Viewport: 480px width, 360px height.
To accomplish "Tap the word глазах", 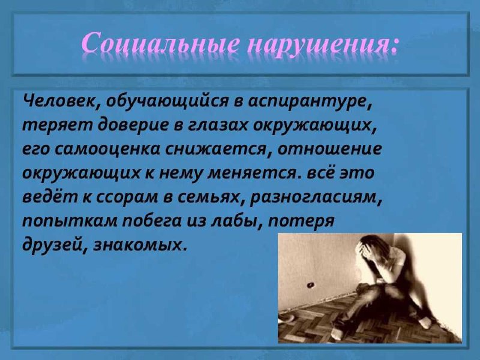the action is click(217, 125).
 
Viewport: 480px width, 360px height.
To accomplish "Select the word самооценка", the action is click(108, 149).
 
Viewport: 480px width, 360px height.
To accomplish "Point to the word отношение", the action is click(330, 149).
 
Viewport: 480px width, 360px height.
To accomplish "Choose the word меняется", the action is click(253, 173).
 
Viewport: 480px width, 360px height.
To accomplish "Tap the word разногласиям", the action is click(316, 197).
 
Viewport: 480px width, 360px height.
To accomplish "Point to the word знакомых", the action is click(140, 245).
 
